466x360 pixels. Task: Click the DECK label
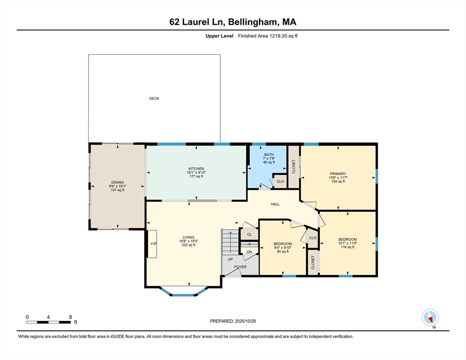pyautogui.click(x=154, y=98)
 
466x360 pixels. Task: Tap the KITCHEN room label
pyautogui.click(x=196, y=169)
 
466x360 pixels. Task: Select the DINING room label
pyautogui.click(x=117, y=182)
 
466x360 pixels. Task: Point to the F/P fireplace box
pyautogui.click(x=152, y=244)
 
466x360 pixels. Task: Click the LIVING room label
pyautogui.click(x=188, y=237)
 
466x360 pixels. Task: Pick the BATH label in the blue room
pyautogui.click(x=269, y=155)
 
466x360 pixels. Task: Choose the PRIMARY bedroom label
pyautogui.click(x=338, y=174)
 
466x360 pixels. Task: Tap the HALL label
pyautogui.click(x=275, y=204)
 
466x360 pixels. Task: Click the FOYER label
pyautogui.click(x=240, y=267)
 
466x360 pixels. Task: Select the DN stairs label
pyautogui.click(x=249, y=252)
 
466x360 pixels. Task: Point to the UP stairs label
pyautogui.click(x=230, y=259)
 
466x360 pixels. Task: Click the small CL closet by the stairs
pyautogui.click(x=249, y=234)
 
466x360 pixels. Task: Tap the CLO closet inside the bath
pyautogui.click(x=280, y=181)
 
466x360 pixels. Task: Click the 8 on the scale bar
pyautogui.click(x=70, y=317)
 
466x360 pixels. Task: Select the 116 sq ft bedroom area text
pyautogui.click(x=347, y=247)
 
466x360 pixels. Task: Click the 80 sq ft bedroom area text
pyautogui.click(x=283, y=252)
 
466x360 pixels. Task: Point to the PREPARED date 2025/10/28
pyautogui.click(x=245, y=321)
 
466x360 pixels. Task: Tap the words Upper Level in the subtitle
pyautogui.click(x=219, y=36)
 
